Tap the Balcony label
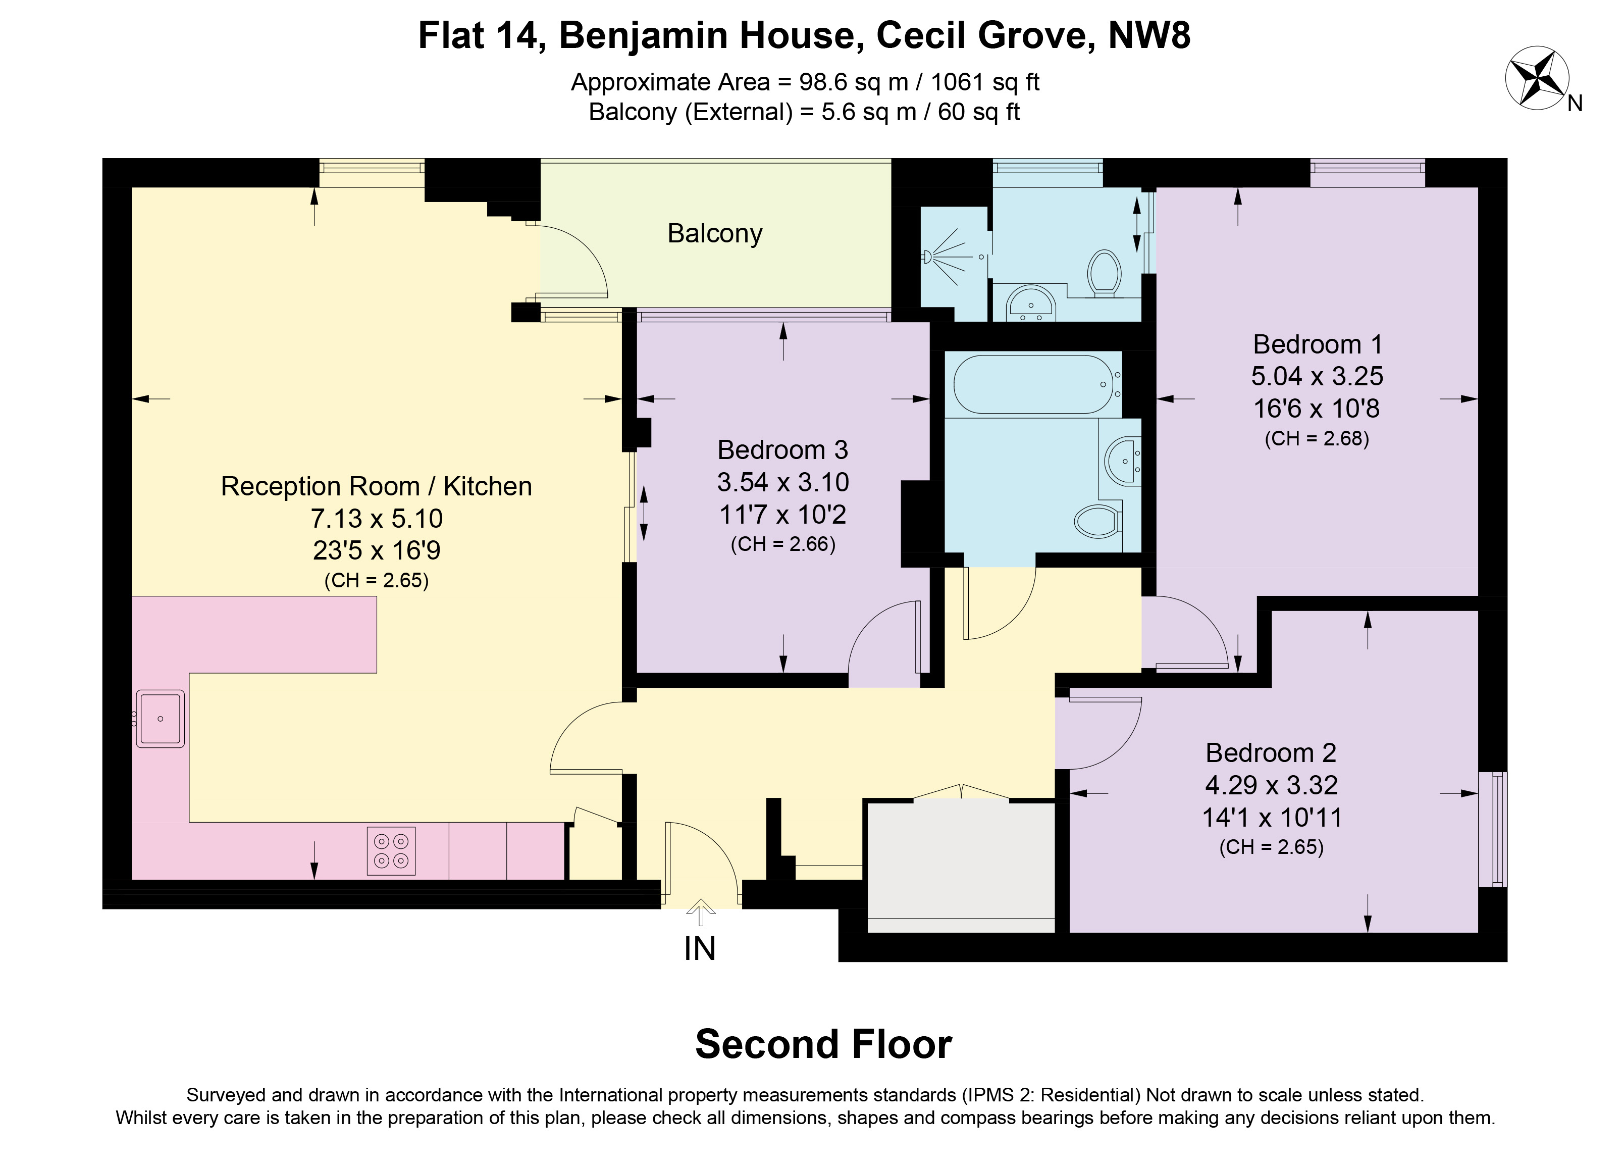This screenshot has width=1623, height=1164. pyautogui.click(x=715, y=233)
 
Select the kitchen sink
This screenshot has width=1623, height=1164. pyautogui.click(x=161, y=719)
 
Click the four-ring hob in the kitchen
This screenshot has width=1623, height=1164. pyautogui.click(x=391, y=851)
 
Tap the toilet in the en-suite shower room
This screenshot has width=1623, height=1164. pyautogui.click(x=1104, y=274)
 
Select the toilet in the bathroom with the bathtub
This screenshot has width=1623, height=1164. pyautogui.click(x=1097, y=522)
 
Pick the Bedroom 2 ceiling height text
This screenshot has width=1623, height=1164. pyautogui.click(x=1271, y=847)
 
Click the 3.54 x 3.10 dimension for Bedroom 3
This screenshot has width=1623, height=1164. pyautogui.click(x=783, y=482)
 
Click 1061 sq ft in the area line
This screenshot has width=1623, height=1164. pyautogui.click(x=985, y=82)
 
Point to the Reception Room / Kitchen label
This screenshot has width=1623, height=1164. pyautogui.click(x=377, y=486)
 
